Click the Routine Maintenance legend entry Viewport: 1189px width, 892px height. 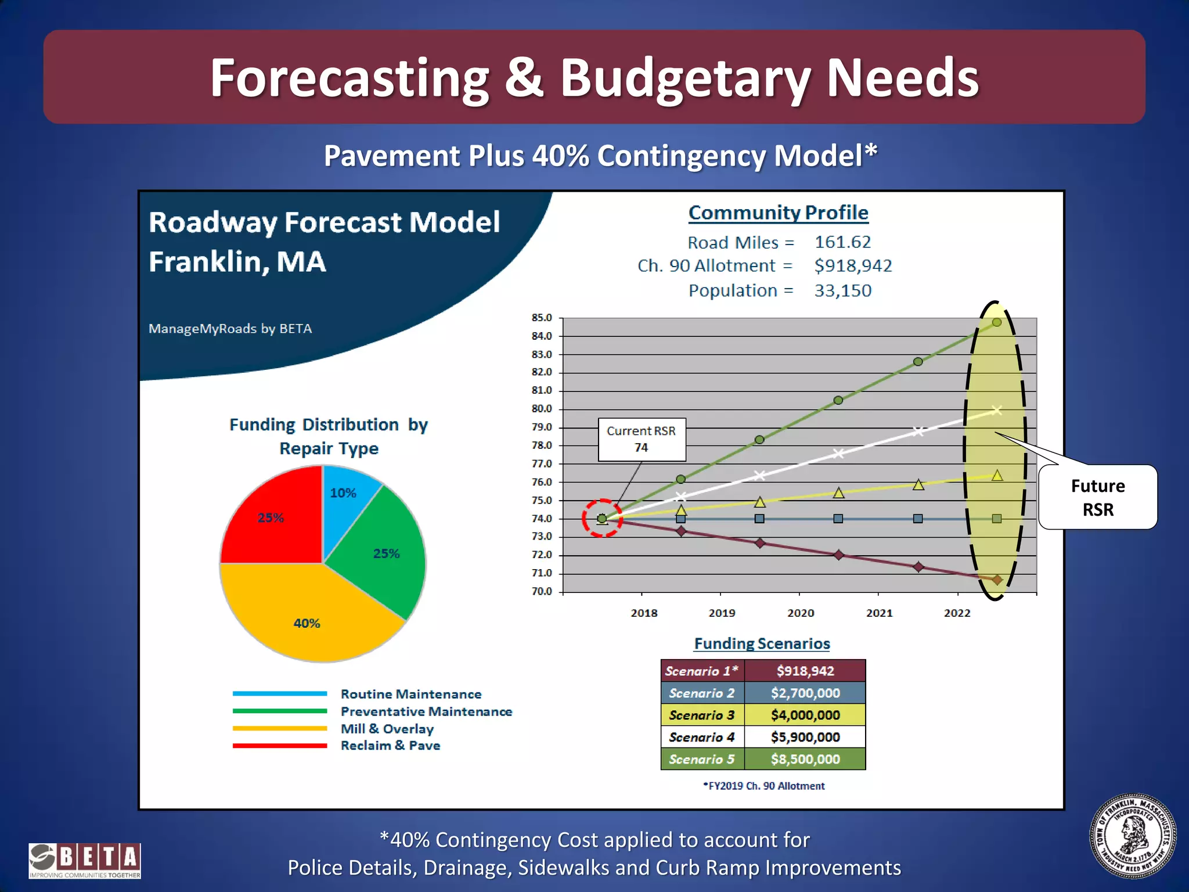(410, 694)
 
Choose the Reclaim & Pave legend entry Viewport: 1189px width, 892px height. (390, 746)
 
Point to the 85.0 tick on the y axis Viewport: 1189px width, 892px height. (542, 318)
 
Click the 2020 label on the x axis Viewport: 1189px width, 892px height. (801, 613)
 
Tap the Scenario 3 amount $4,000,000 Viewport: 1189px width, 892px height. (805, 715)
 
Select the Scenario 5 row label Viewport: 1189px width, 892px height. (702, 759)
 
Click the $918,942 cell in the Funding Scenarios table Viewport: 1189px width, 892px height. (805, 671)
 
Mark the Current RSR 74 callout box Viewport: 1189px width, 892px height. (642, 440)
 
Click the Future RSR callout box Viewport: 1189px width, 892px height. (1097, 497)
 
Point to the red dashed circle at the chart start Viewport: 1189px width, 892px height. (602, 518)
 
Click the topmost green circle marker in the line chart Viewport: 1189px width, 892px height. (997, 322)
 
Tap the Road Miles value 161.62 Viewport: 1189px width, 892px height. (842, 242)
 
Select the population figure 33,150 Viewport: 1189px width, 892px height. (842, 290)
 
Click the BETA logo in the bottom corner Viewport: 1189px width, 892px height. (85, 860)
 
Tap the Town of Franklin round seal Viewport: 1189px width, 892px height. (1133, 836)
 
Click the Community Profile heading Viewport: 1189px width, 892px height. (778, 213)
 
